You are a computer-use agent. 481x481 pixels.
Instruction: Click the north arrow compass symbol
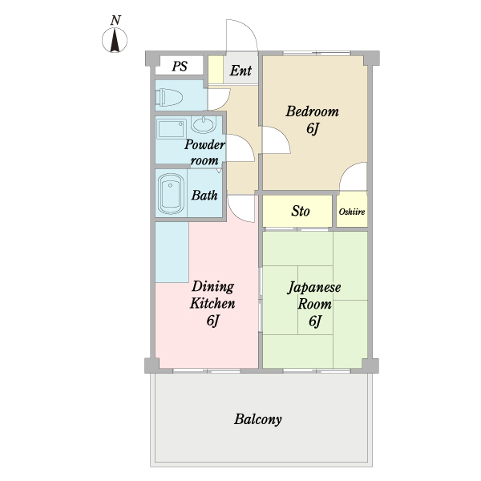(115, 40)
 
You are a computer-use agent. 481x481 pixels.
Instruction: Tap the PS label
(180, 66)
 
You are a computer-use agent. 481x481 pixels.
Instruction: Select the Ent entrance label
(240, 71)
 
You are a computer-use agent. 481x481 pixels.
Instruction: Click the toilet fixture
(169, 97)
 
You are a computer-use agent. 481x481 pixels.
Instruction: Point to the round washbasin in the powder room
(204, 125)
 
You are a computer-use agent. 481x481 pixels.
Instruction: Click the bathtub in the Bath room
(171, 193)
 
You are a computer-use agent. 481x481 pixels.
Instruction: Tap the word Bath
(204, 195)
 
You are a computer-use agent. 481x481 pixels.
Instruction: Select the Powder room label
(204, 152)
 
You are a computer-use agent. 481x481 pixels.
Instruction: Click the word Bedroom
(313, 111)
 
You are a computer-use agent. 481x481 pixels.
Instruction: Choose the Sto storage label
(301, 211)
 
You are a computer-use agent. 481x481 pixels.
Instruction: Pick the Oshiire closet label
(352, 212)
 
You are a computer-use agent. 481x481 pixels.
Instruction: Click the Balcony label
(257, 419)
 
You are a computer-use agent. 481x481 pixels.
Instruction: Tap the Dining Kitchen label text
(212, 295)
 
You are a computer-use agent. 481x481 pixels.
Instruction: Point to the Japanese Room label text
(314, 296)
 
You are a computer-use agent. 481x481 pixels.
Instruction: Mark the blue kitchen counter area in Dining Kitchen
(172, 252)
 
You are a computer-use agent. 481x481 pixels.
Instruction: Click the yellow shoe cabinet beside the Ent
(216, 70)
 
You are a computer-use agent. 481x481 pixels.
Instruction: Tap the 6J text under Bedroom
(313, 128)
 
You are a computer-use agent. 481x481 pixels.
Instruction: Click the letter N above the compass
(115, 20)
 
